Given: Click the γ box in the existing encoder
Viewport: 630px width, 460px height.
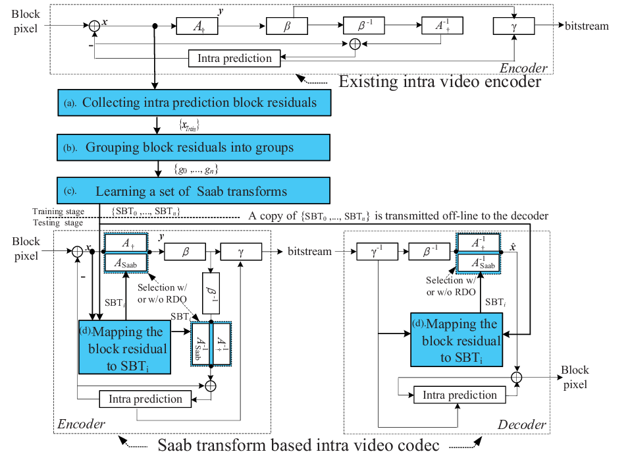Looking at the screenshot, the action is point(514,26).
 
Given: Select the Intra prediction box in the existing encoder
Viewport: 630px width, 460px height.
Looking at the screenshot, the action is point(234,58).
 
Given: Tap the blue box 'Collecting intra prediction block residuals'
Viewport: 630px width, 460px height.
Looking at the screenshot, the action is point(194,103).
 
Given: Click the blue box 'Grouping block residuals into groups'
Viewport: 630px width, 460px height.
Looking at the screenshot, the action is point(194,148).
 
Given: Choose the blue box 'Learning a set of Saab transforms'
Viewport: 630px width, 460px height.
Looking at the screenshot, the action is point(194,190).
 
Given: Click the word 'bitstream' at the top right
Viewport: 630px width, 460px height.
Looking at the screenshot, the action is point(587,26).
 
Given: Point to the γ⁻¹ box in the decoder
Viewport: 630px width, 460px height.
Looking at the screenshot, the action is point(377,252).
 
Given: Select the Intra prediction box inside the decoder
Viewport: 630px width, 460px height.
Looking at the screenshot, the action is point(459,395).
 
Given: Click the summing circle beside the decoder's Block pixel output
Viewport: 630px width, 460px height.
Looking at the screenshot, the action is point(517,377).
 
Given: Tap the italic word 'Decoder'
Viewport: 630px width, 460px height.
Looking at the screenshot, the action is point(522,424).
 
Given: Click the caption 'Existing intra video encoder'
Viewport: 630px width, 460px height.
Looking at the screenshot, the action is point(440,82).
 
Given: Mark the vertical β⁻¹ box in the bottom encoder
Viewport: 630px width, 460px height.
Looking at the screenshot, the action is point(211,293).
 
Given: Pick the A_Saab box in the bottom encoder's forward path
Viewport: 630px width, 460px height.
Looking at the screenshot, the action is point(126,263).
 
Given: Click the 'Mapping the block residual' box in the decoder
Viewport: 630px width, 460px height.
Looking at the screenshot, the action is point(456,340).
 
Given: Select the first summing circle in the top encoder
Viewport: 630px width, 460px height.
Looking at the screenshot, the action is point(94,26).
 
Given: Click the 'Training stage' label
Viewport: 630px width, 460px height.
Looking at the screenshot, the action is point(58,212).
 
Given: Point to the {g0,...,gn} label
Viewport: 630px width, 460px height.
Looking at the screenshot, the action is point(196,169).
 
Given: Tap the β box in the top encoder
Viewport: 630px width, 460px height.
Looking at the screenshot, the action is point(287,26).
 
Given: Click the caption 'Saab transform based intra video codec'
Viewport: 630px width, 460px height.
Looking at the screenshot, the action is point(298,445).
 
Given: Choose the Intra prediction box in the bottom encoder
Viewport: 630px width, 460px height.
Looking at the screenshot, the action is point(145,399).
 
